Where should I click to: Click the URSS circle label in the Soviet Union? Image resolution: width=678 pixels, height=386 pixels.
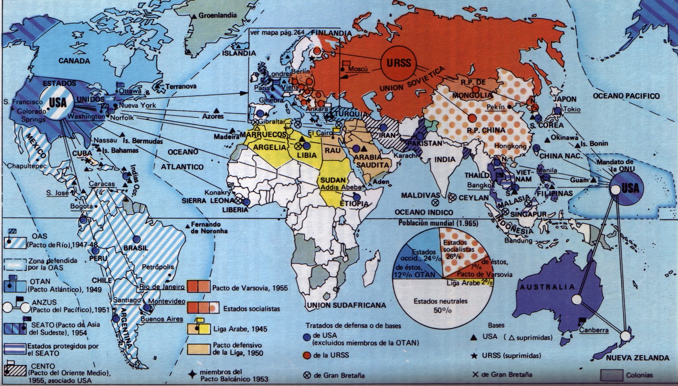[399, 63]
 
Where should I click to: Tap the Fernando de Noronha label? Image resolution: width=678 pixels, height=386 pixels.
[206, 228]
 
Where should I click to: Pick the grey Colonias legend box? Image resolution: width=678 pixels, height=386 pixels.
[612, 375]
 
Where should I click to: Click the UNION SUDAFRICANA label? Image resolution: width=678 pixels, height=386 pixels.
[346, 305]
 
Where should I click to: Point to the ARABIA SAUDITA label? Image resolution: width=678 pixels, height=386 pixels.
[372, 161]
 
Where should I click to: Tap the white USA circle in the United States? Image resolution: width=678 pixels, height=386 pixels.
[58, 102]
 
